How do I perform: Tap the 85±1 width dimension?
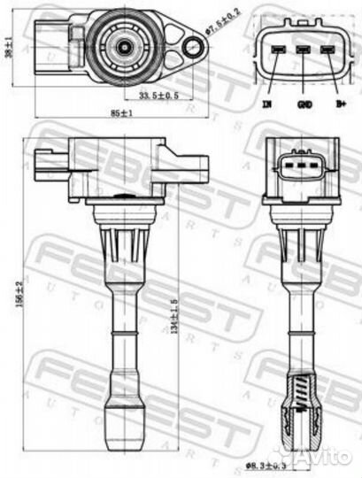116,112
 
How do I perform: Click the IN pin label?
266,104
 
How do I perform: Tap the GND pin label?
304,104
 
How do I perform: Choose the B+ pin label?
339,104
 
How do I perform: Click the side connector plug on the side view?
49,161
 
